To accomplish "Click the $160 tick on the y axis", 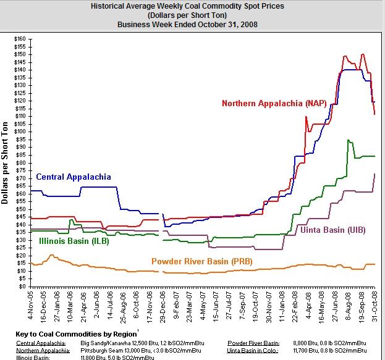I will pyautogui.click(x=19, y=39).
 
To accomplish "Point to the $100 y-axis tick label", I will pyautogui.click(x=19, y=132).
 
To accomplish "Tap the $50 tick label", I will pyautogui.click(x=20, y=209).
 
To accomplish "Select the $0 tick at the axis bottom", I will pyautogui.click(x=22, y=286).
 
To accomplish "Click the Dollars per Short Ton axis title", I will pyautogui.click(x=6, y=162).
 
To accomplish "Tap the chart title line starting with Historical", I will pyautogui.click(x=191, y=6).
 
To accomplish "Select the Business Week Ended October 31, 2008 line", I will pyautogui.click(x=191, y=24).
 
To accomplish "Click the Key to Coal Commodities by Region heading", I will pyautogui.click(x=80, y=334).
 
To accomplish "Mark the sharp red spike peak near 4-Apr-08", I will pyautogui.click(x=306, y=117).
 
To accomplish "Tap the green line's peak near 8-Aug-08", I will pyautogui.click(x=349, y=140).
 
